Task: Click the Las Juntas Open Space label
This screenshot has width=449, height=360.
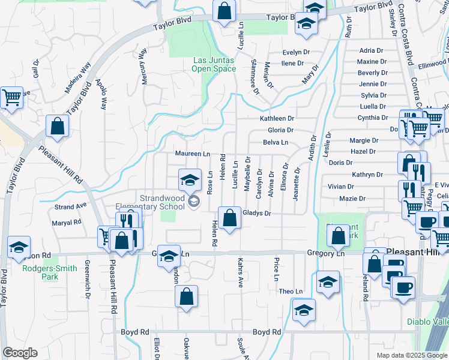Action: [x=214, y=64]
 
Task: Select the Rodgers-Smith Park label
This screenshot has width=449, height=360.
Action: [x=50, y=272]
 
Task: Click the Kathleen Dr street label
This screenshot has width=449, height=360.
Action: [x=277, y=119]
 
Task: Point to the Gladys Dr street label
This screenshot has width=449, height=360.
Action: [x=258, y=213]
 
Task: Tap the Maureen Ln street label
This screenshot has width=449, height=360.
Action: [x=192, y=154]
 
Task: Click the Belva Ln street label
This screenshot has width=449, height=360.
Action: [x=276, y=142]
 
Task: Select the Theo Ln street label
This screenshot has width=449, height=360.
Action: [x=291, y=291]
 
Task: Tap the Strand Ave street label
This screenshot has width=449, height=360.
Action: [x=71, y=207]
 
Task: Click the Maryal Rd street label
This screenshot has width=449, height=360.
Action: [x=67, y=222]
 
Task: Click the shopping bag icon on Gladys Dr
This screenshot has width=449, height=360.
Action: [x=229, y=218]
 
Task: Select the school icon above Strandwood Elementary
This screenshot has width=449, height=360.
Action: [x=189, y=179]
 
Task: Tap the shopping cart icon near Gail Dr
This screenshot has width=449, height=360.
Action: [x=11, y=98]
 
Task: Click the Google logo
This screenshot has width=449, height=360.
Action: [x=20, y=353]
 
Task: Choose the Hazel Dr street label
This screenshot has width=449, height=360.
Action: [x=364, y=151]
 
